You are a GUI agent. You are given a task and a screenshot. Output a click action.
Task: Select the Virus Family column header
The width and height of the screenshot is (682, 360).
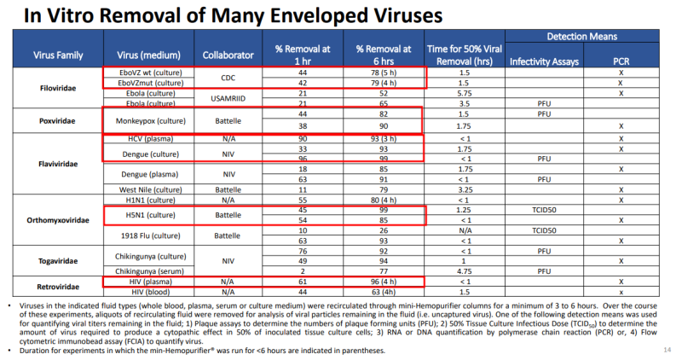pos(58,55)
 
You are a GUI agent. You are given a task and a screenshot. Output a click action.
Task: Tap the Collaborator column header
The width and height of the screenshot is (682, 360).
pos(228,55)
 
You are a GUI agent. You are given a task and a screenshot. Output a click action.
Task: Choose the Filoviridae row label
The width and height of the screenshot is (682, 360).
pos(58,88)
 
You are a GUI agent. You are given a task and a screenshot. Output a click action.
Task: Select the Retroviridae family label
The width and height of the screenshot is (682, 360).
pos(58,286)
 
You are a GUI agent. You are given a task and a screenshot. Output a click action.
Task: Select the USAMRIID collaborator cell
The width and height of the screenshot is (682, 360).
pos(228,97)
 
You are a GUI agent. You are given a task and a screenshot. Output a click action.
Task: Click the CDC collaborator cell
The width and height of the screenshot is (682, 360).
pos(228,78)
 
